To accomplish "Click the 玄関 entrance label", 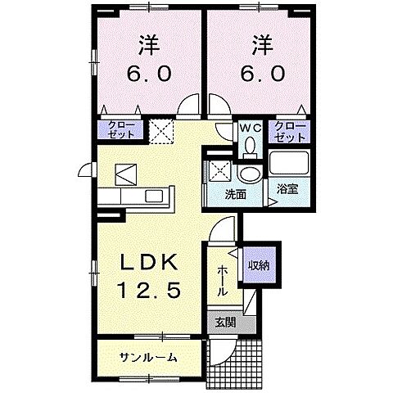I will click(x=224, y=323).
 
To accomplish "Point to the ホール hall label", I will click(x=223, y=279).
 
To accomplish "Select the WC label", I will click(x=250, y=128).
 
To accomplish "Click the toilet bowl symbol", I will click(x=251, y=147).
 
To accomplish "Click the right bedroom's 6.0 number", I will click(x=262, y=73).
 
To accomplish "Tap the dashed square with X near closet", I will click(x=160, y=129).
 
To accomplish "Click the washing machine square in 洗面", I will click(x=219, y=172).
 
